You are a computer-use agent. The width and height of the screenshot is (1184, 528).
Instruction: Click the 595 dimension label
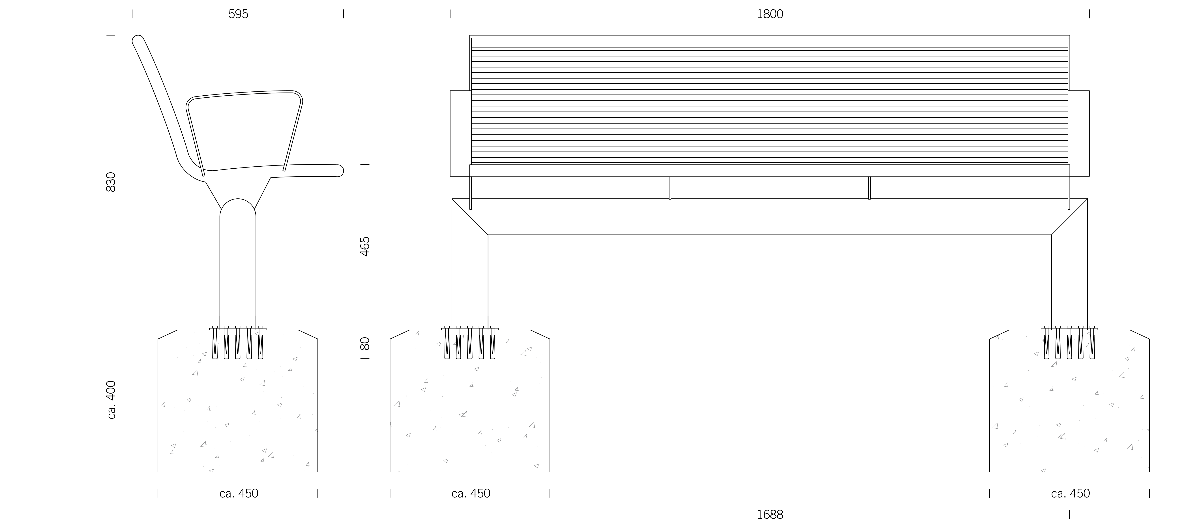(238, 14)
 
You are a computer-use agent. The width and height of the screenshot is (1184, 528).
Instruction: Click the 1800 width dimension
(770, 14)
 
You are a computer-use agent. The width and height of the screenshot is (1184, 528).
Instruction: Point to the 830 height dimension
(111, 182)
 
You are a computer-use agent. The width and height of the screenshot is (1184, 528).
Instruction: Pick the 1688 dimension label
(770, 515)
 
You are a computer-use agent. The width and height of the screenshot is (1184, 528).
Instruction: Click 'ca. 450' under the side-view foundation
(239, 493)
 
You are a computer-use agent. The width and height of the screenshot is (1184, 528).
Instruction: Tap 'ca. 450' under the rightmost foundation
(1070, 493)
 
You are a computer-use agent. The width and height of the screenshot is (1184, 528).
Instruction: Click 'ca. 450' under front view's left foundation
(471, 493)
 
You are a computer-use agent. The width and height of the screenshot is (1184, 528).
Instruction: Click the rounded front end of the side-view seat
(340, 170)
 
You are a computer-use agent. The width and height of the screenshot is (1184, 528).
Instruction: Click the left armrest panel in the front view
(460, 133)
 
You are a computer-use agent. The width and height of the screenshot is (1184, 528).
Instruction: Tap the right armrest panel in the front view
(1079, 133)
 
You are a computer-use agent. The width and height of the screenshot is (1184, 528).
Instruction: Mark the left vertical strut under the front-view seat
(670, 188)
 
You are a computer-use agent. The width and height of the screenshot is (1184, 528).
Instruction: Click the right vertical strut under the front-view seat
(869, 188)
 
